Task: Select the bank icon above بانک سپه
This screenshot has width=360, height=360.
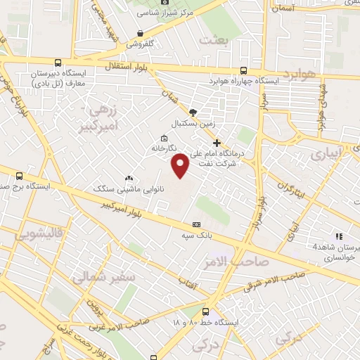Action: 196,224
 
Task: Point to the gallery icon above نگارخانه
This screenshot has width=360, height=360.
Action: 164,138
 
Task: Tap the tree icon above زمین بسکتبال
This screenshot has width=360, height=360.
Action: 193,112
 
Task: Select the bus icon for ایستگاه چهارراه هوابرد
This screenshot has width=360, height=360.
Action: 243,70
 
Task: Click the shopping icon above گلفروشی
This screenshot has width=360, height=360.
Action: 141,33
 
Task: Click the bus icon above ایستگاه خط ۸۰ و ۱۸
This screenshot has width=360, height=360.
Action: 205,311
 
